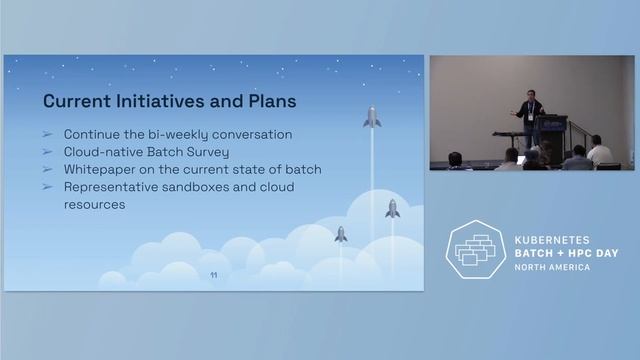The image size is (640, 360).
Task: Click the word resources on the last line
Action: pyautogui.click(x=94, y=204)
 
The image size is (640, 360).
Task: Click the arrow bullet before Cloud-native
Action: pyautogui.click(x=47, y=152)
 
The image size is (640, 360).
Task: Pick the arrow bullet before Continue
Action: pyautogui.click(x=47, y=134)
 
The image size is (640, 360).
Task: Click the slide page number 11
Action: pyautogui.click(x=213, y=275)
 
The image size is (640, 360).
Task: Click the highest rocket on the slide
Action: pyautogui.click(x=372, y=118)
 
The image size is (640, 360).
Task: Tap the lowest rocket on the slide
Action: pyautogui.click(x=340, y=234)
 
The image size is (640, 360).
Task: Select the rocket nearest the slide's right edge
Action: pyautogui.click(x=392, y=208)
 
